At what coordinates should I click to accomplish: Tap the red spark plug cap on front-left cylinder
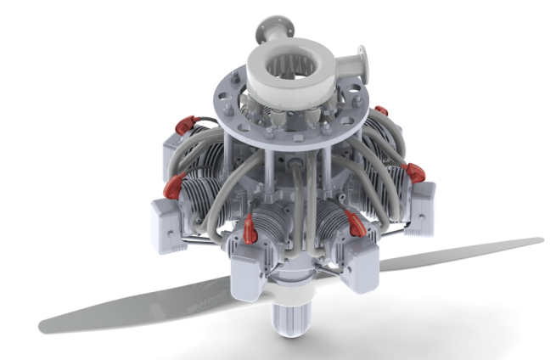pos(251,225)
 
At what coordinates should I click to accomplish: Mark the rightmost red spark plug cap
pos(416,173)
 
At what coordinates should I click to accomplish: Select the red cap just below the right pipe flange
pos(381,110)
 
